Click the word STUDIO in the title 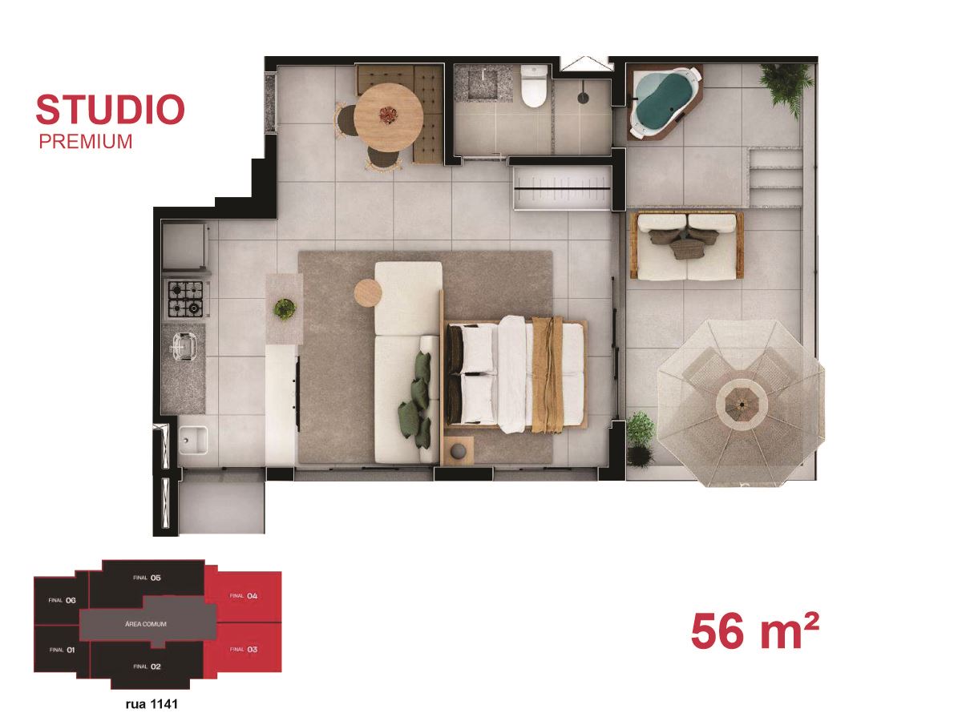point(110,110)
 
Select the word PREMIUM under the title point(86,142)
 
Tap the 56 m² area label point(754,632)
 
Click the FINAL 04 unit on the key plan point(243,596)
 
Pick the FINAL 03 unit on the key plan point(243,649)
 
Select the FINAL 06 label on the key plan point(63,600)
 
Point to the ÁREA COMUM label point(146,624)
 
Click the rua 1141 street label point(152,703)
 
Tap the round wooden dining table point(388,117)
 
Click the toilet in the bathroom point(534,87)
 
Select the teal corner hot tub point(664,102)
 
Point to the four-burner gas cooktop point(186,299)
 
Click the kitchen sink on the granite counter point(184,348)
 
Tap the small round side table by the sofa point(368,292)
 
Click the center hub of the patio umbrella point(742,404)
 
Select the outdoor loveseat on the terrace point(687,246)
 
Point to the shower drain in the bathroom point(584,98)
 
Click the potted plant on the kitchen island point(285,309)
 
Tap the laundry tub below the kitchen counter point(193,441)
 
